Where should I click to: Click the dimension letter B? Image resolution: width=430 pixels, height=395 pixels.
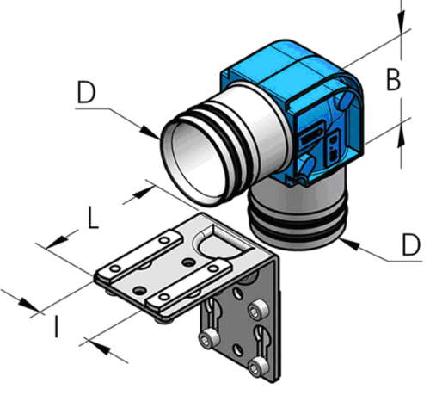pos(392,80)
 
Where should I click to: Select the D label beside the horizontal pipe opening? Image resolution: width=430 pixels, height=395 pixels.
pos(86,94)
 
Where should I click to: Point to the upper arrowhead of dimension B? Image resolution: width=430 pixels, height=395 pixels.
pos(401,28)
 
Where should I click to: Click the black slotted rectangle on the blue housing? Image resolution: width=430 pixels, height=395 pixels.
pos(310,138)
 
